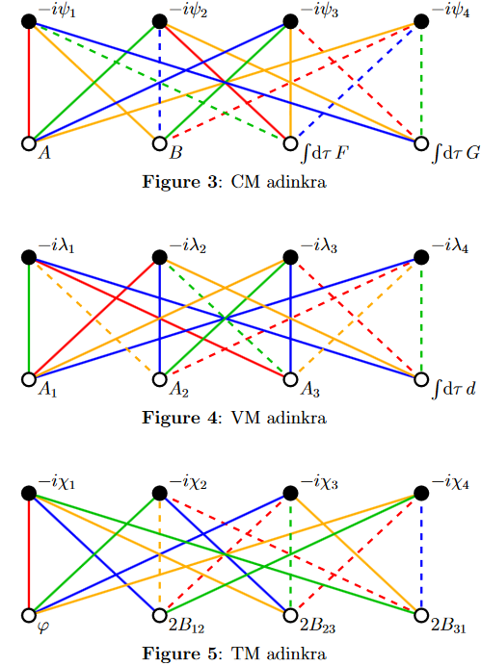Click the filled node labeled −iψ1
pyautogui.click(x=29, y=21)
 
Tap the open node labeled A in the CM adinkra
pyautogui.click(x=29, y=143)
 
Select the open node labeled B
pyautogui.click(x=159, y=143)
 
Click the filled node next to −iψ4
pyautogui.click(x=421, y=21)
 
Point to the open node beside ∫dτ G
pyautogui.click(x=421, y=143)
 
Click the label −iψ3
pyautogui.click(x=319, y=11)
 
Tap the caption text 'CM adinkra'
pyautogui.click(x=279, y=182)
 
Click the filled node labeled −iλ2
pyautogui.click(x=159, y=257)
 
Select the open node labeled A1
pyautogui.click(x=29, y=379)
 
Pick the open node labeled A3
pyautogui.click(x=290, y=379)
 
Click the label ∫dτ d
pyautogui.click(x=453, y=389)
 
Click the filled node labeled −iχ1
pyautogui.click(x=29, y=493)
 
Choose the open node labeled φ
pyautogui.click(x=29, y=615)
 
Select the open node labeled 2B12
pyautogui.click(x=159, y=615)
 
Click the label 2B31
pyautogui.click(x=448, y=627)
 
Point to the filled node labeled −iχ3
pyautogui.click(x=290, y=493)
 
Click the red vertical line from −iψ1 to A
pyautogui.click(x=29, y=82)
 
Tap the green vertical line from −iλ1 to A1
pyautogui.click(x=29, y=319)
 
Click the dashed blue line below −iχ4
pyautogui.click(x=421, y=554)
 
